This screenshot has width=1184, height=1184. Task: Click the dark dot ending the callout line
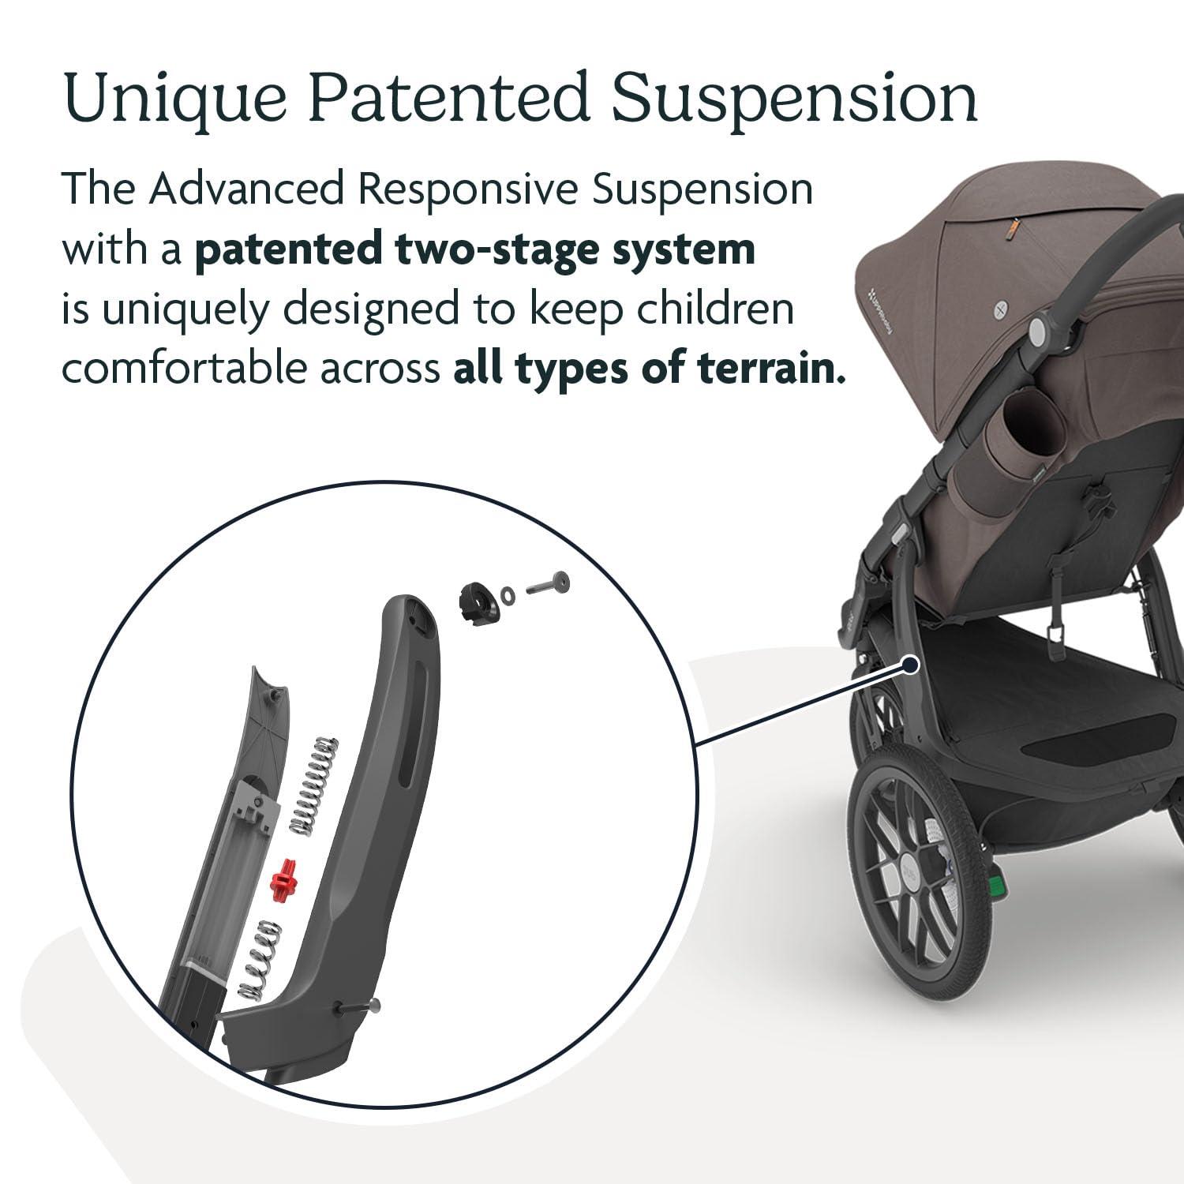911,665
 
